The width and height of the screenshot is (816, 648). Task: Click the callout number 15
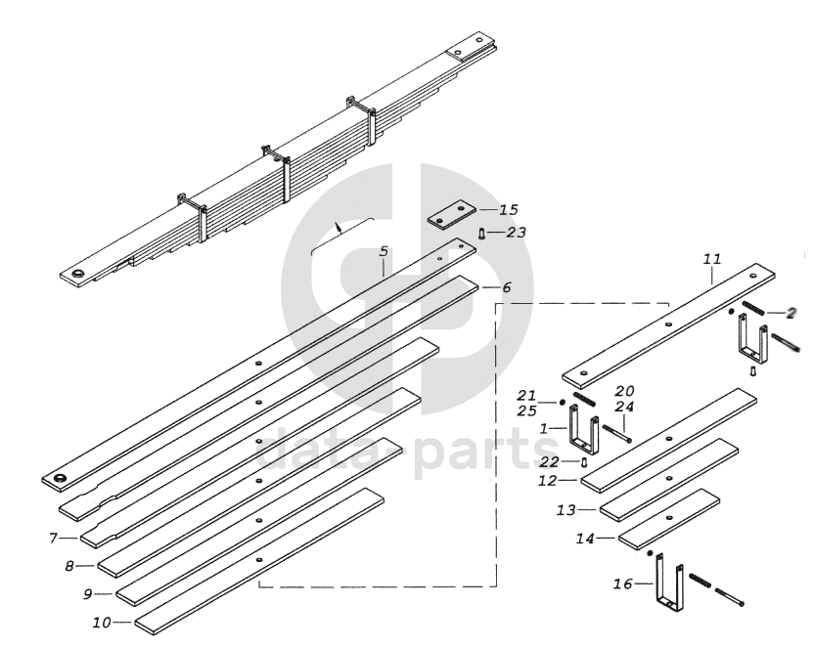pyautogui.click(x=508, y=210)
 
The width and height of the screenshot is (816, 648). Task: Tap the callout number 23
pyautogui.click(x=516, y=233)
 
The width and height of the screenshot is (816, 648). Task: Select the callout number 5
pyautogui.click(x=384, y=251)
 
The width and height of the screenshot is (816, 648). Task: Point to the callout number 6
pyautogui.click(x=506, y=288)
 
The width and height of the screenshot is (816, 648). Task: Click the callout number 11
pyautogui.click(x=711, y=259)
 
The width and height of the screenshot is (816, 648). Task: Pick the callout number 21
pyautogui.click(x=527, y=395)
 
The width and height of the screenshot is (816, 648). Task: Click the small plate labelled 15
pyautogui.click(x=456, y=213)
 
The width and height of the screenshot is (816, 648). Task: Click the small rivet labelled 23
pyautogui.click(x=482, y=234)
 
